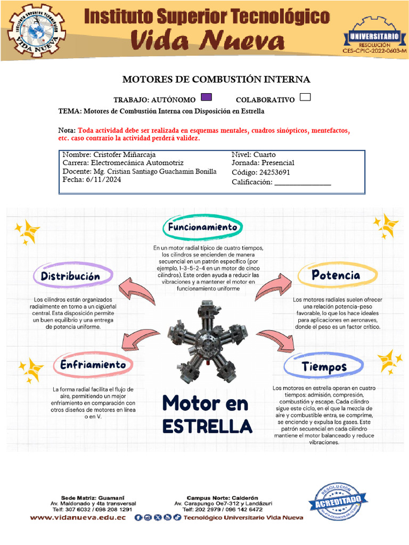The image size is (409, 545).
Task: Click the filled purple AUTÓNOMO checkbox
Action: (207, 97)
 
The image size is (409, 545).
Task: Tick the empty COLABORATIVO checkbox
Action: (306, 97)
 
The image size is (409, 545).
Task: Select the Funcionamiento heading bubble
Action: (202, 227)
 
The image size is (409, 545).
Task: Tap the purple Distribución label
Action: (73, 276)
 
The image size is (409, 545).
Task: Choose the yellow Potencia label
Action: (336, 275)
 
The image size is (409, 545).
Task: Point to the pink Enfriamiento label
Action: (93, 365)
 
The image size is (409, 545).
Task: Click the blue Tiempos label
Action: (324, 367)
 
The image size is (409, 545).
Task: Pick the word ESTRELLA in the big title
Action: (207, 426)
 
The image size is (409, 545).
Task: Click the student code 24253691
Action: (276, 172)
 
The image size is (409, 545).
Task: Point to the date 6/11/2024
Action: (103, 180)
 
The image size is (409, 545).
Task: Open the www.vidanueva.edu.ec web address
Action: (78, 517)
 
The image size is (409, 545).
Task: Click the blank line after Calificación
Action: (302, 184)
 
